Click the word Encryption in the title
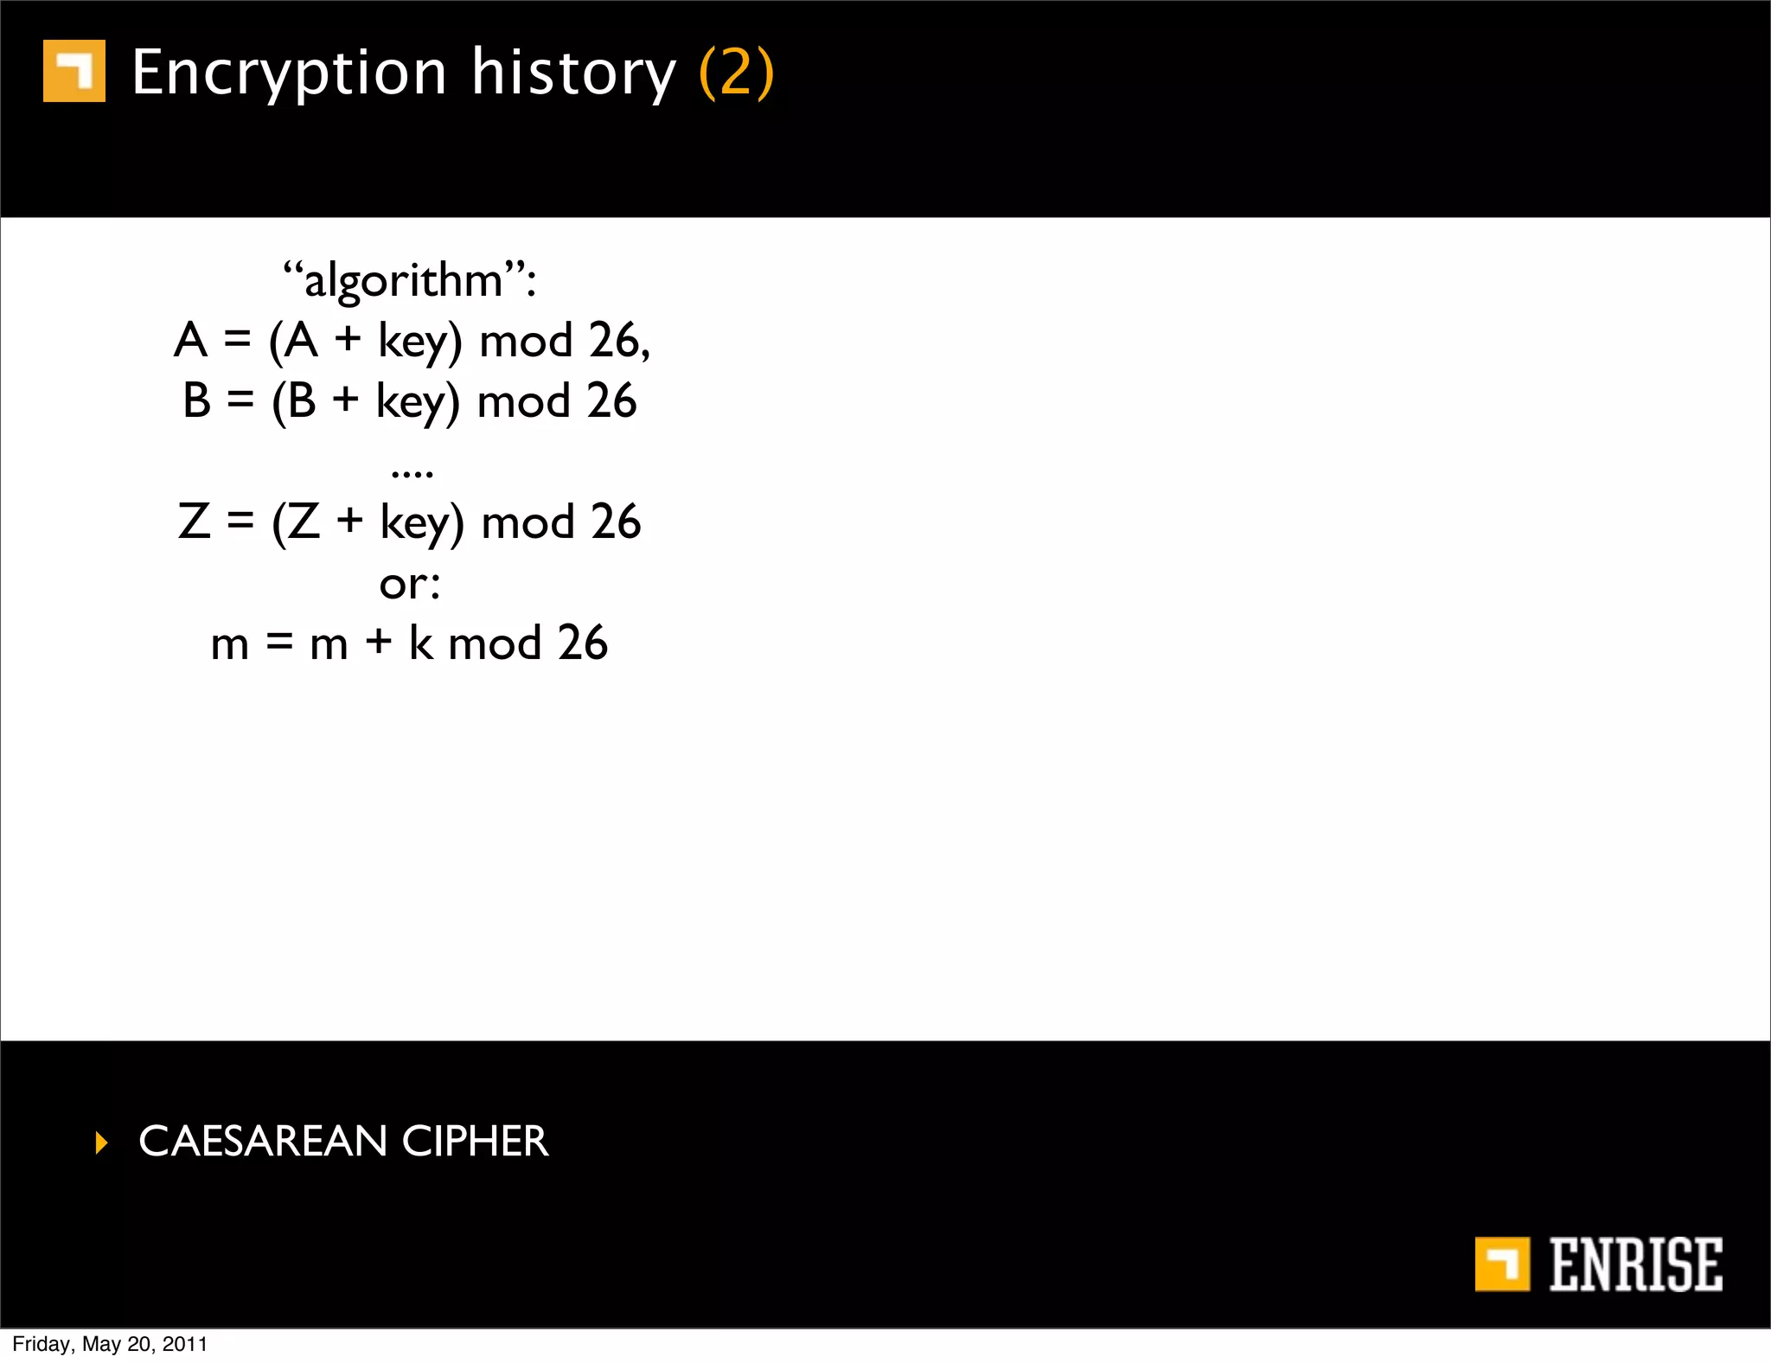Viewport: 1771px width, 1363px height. pos(289,74)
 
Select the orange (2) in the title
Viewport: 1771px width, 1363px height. pos(736,73)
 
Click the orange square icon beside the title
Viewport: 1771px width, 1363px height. pos(74,71)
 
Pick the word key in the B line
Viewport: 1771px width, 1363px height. pos(417,402)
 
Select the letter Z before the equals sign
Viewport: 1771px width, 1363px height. pos(195,522)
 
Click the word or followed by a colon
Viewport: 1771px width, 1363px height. pos(409,585)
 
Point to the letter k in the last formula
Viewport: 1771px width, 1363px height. pos(420,643)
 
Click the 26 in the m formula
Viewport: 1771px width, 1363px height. pos(582,643)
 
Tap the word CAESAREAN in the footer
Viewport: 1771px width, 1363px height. pos(262,1141)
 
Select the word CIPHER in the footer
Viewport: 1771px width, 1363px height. pos(475,1141)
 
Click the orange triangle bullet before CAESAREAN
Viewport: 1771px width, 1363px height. pos(102,1142)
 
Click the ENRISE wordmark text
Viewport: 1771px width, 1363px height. pos(1635,1264)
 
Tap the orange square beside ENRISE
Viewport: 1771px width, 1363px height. pos(1502,1264)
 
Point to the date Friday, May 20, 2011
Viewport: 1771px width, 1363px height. pos(110,1344)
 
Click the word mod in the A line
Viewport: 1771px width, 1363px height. pos(526,341)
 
